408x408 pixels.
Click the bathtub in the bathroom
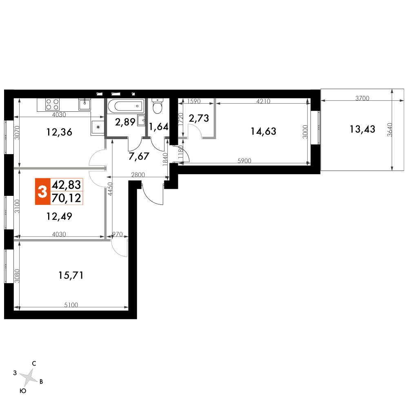126,106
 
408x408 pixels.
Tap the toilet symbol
157,106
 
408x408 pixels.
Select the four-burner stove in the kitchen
52,104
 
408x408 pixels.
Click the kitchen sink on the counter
84,104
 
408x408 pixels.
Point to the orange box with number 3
42,191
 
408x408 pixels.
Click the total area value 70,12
67,198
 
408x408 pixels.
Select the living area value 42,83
67,185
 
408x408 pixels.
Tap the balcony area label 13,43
362,129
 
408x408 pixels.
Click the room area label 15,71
71,275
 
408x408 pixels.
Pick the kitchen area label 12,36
59,132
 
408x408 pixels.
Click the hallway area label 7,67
139,156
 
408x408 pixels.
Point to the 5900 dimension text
244,161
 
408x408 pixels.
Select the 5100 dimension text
71,305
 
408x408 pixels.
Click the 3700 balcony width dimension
362,98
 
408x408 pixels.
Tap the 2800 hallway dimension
138,175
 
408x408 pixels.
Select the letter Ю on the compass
23,391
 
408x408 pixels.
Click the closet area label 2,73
199,118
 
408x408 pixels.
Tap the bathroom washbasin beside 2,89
141,120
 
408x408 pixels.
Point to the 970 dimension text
118,234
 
